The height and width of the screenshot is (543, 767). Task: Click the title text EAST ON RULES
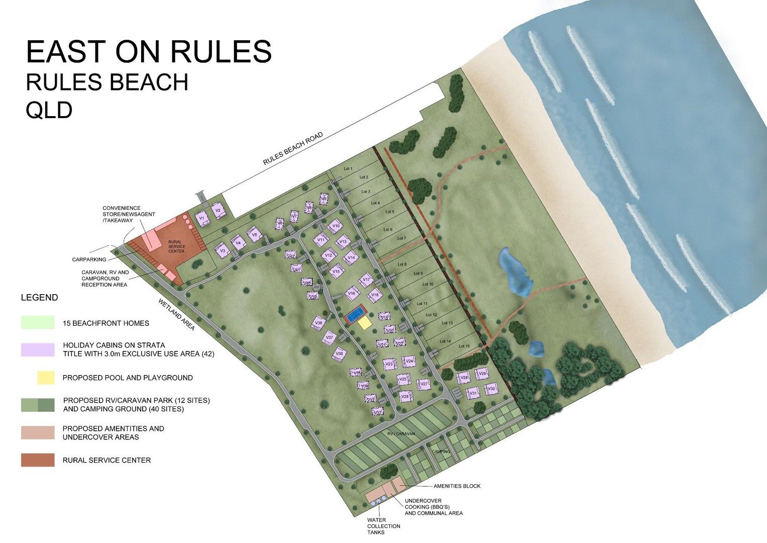coord(149,51)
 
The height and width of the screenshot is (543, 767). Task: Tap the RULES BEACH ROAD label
coord(293,149)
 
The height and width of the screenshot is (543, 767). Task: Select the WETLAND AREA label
coord(176,314)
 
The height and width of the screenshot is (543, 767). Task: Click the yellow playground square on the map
coord(365,323)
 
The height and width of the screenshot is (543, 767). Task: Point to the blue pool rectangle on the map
coord(355,315)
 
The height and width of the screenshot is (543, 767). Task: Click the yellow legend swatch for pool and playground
coord(46,378)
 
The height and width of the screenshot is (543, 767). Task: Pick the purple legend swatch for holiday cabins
coord(38,349)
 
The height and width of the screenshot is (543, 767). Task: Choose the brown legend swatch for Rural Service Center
coord(38,460)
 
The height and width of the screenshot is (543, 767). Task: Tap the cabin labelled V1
coord(202,219)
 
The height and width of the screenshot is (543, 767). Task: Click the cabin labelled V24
coord(409,361)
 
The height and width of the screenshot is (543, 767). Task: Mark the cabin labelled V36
coord(340,354)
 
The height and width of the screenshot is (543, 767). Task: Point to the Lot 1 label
coord(348,168)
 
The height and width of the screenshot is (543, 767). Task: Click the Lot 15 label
coord(464,346)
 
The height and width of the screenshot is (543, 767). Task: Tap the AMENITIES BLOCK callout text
coord(457,486)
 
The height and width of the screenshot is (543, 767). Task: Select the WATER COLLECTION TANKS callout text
coord(383,526)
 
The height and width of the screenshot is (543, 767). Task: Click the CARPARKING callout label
coord(89,259)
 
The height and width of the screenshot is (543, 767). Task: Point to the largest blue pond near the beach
coord(514,271)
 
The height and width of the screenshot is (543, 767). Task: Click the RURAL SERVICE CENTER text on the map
coord(176,246)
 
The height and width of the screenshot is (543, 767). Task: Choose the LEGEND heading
coord(39,298)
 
